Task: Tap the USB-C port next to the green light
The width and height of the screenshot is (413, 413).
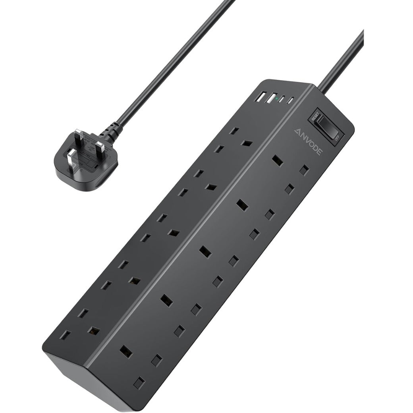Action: coord(282,99)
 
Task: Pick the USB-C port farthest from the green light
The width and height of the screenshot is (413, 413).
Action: coord(291,100)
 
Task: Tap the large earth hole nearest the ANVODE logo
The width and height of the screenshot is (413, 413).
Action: coord(278,160)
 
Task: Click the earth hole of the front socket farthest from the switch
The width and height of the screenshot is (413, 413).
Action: coord(126,350)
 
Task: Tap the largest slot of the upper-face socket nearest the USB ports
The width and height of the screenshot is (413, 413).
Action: coord(249,142)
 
